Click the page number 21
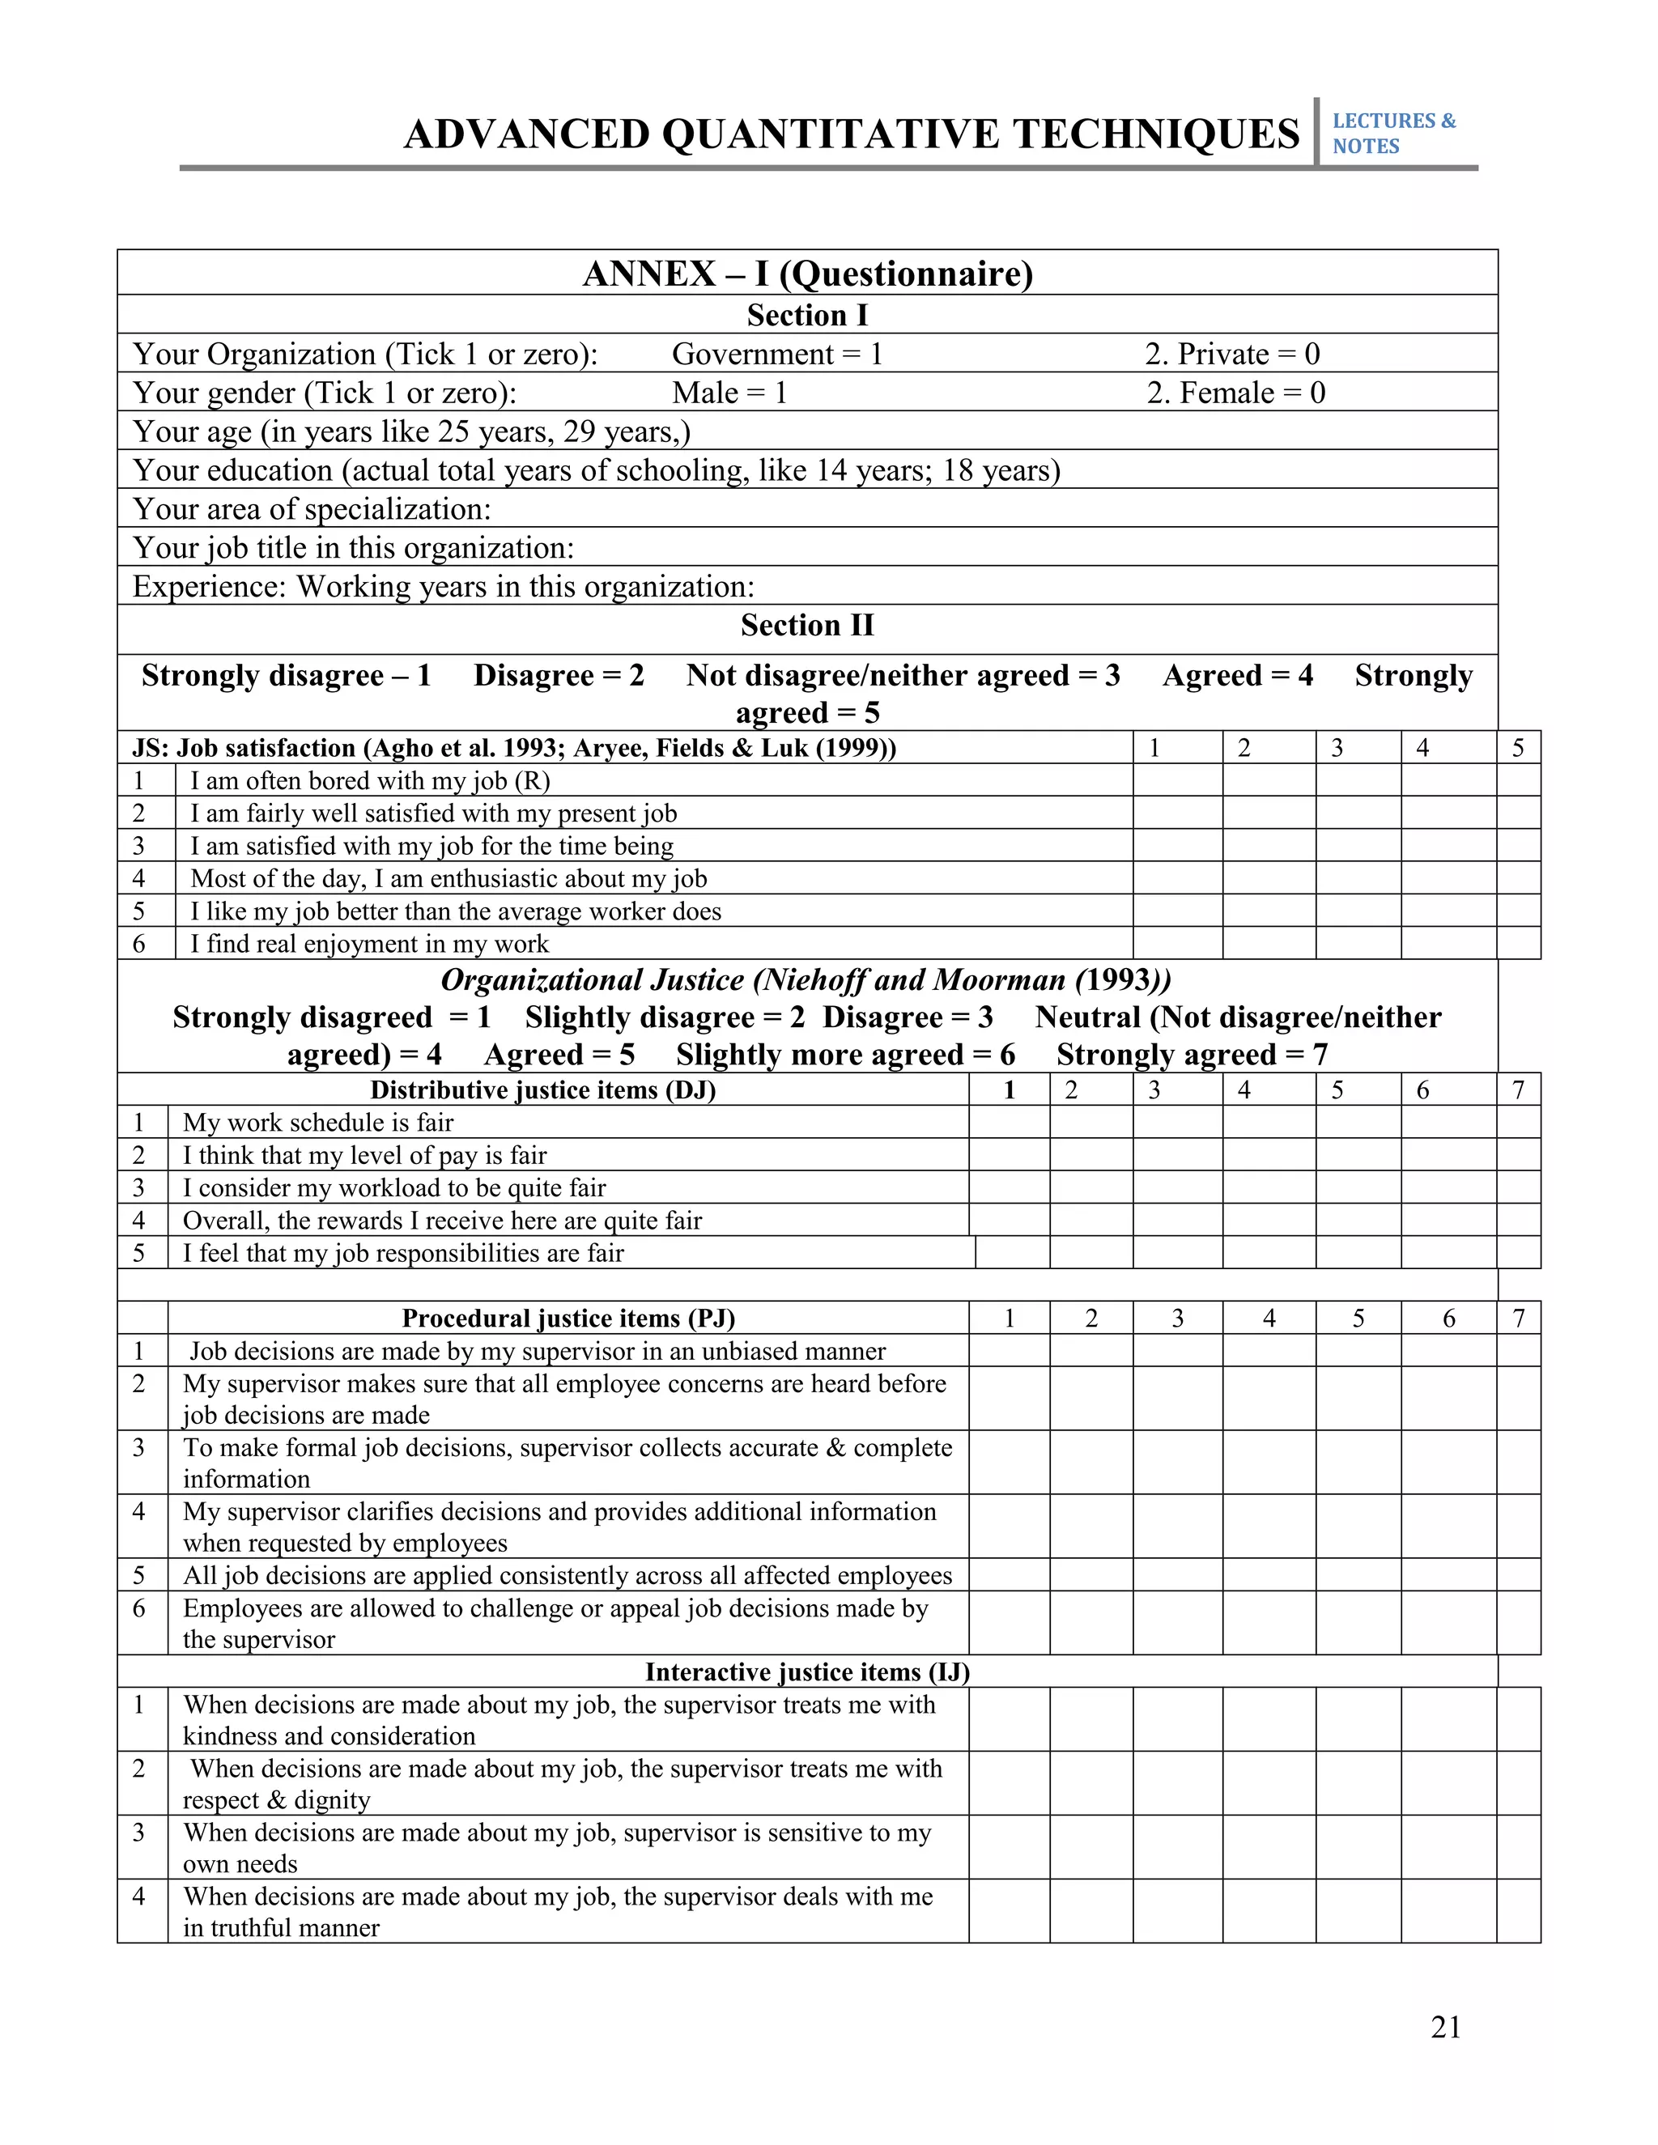[x=1445, y=2027]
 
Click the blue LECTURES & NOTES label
[x=1392, y=134]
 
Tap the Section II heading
[x=807, y=626]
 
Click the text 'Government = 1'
[x=777, y=354]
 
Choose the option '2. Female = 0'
[x=1235, y=393]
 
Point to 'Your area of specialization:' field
[x=312, y=509]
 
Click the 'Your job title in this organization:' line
[x=353, y=548]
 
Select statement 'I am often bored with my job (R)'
[x=369, y=781]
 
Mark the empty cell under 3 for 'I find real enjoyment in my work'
[x=1358, y=944]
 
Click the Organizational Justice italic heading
[x=806, y=980]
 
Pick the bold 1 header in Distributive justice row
[x=1009, y=1090]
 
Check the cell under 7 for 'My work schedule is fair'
[x=1518, y=1123]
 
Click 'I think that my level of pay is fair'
[x=364, y=1156]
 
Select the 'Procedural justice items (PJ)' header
[x=568, y=1318]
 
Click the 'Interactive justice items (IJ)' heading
[x=807, y=1671]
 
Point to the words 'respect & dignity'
[x=276, y=1800]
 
